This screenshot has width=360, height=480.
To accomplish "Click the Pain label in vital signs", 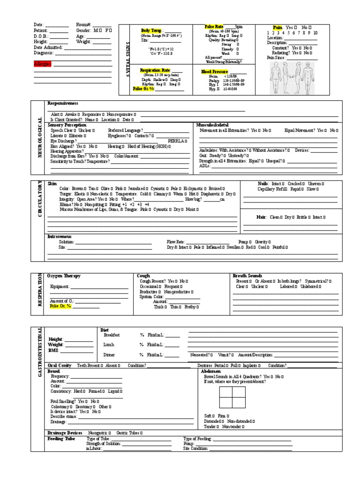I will (278, 28).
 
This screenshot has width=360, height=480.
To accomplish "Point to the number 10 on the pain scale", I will (315, 33).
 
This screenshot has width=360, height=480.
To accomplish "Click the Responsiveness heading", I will (63, 103).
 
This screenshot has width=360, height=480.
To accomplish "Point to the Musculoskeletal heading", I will (213, 125).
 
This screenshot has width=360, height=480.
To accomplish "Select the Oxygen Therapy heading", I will (64, 276).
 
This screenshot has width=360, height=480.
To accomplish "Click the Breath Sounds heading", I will (247, 276).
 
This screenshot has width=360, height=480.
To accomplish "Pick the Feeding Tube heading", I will (61, 439).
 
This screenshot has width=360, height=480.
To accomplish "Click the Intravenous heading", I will (60, 237).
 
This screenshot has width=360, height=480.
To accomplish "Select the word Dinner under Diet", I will (109, 355).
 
